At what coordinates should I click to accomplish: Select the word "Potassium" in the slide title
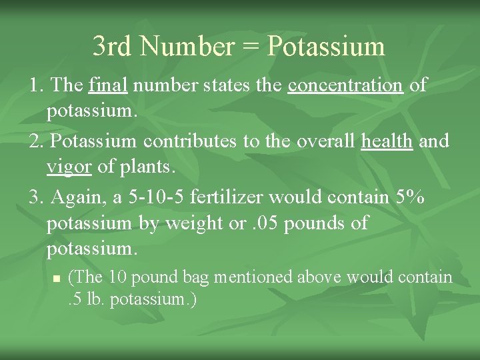325,46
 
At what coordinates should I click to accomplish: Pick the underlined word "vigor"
69,166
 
